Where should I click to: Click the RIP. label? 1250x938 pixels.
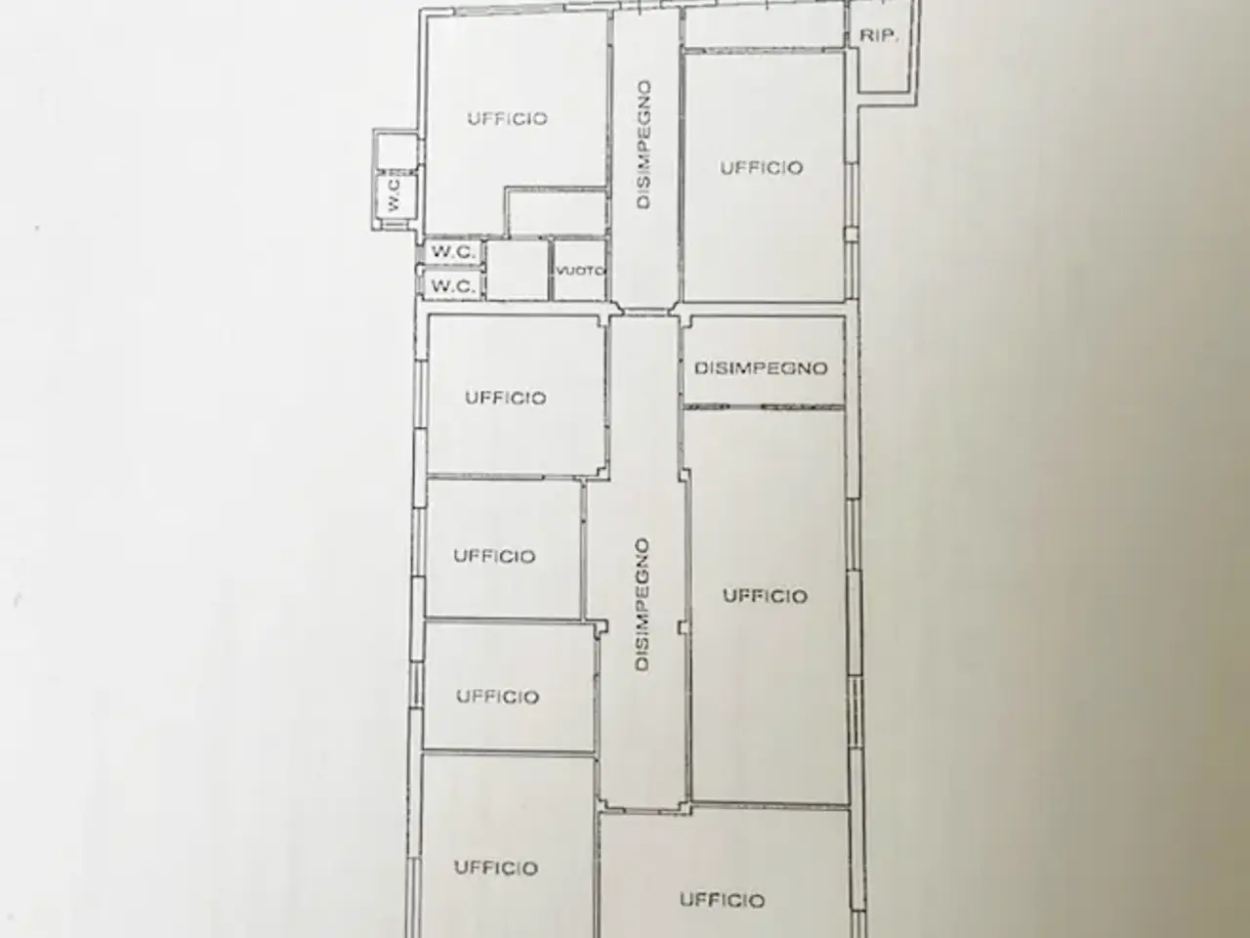click(879, 36)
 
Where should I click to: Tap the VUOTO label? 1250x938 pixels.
click(580, 271)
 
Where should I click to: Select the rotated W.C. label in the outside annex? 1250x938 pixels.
click(394, 194)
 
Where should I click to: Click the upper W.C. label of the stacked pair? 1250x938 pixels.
click(453, 252)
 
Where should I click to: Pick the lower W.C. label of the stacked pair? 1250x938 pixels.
click(453, 286)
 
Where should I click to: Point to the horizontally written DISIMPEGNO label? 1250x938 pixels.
click(761, 368)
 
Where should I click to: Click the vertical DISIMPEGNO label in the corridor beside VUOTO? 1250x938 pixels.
click(644, 145)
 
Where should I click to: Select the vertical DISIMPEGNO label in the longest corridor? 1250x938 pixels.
click(642, 605)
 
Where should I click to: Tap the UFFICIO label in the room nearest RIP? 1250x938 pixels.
click(762, 168)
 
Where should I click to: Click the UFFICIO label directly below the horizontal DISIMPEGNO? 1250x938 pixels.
click(765, 596)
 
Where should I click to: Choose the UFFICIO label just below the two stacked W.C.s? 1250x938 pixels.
click(506, 398)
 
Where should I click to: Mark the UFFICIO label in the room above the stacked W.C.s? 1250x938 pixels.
click(508, 118)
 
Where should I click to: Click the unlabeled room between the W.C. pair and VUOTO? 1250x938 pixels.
click(518, 270)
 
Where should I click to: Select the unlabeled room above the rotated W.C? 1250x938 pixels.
click(396, 150)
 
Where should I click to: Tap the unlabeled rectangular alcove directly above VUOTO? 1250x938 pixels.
click(557, 212)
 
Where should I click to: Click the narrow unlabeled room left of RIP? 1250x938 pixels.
click(764, 27)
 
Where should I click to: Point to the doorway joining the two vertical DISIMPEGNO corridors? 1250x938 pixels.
click(646, 311)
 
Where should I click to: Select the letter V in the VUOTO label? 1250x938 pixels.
click(560, 271)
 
